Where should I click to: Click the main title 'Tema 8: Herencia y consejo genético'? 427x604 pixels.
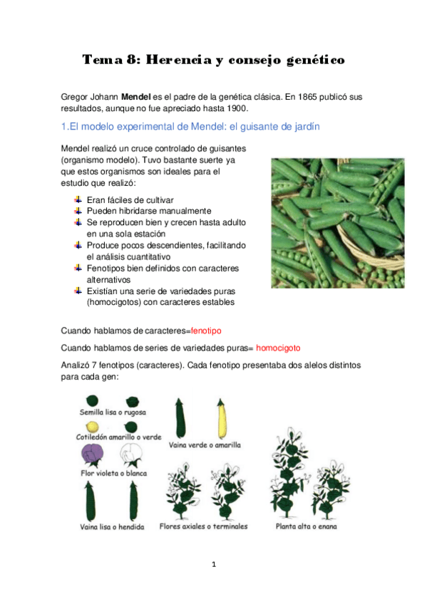pyautogui.click(x=213, y=60)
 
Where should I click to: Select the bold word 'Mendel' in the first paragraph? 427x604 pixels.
pyautogui.click(x=135, y=96)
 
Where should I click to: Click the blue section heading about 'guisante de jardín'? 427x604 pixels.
pyautogui.click(x=190, y=127)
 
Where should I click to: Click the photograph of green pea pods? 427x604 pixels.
pyautogui.click(x=337, y=222)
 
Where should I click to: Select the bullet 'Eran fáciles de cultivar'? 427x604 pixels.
pyautogui.click(x=130, y=200)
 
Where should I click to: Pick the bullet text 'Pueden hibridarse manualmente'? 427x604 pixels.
pyautogui.click(x=148, y=211)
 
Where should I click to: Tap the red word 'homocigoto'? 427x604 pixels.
pyautogui.click(x=278, y=348)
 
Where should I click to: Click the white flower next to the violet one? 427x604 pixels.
pyautogui.click(x=131, y=454)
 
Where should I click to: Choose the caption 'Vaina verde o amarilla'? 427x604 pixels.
pyautogui.click(x=205, y=445)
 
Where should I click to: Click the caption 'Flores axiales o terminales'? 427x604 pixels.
pyautogui.click(x=203, y=526)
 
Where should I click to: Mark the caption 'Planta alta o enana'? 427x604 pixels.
pyautogui.click(x=307, y=526)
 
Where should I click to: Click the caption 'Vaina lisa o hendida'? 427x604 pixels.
pyautogui.click(x=112, y=527)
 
